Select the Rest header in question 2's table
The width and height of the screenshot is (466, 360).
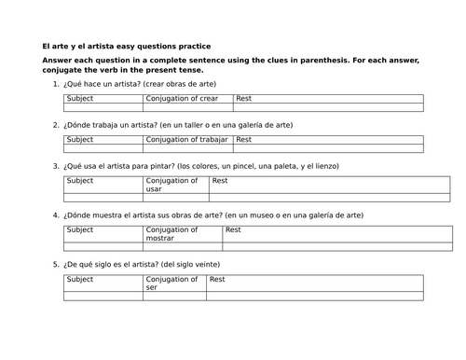coord(245,139)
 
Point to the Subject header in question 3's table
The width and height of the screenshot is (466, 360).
coord(81,181)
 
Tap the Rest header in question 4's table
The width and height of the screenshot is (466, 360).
coord(233,229)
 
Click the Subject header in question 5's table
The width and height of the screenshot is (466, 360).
coord(81,279)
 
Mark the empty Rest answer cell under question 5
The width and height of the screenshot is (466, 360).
coord(315,296)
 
